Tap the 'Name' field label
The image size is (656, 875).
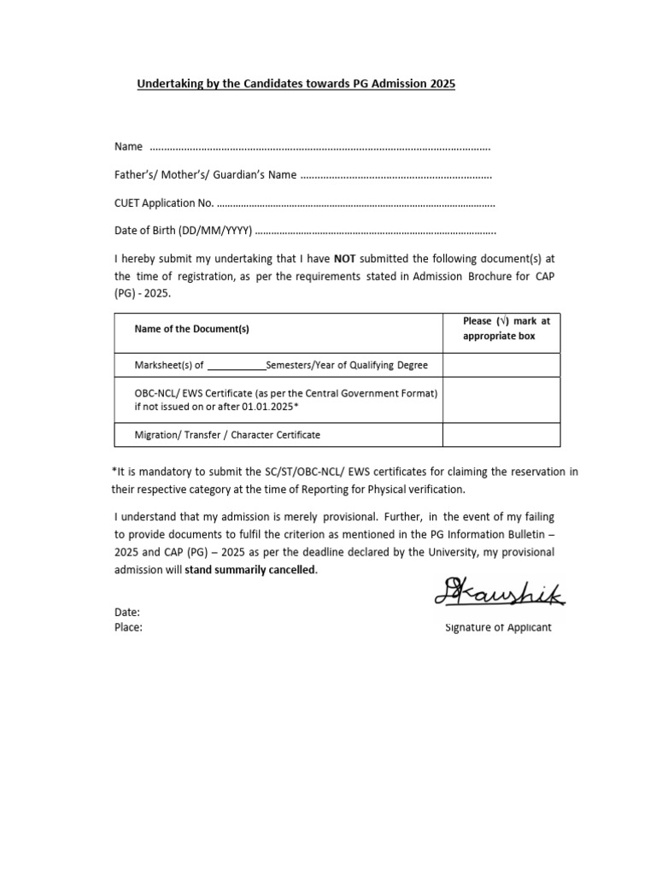(x=128, y=147)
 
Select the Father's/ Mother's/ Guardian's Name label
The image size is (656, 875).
(x=206, y=175)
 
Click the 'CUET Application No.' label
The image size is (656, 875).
(x=163, y=203)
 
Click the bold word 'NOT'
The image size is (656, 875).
(x=344, y=258)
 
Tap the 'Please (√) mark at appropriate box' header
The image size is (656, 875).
(x=501, y=329)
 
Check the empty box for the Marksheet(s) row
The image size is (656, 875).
(x=501, y=365)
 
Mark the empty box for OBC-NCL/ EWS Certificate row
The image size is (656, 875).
(x=501, y=400)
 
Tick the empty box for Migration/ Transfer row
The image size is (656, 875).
(x=501, y=435)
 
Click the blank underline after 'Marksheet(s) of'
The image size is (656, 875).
(x=237, y=366)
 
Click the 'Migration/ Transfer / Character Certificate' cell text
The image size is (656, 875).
(x=228, y=435)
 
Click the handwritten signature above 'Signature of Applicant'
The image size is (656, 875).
(x=499, y=590)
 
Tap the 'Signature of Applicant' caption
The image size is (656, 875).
(x=498, y=627)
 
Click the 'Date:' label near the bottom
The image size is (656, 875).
(x=127, y=613)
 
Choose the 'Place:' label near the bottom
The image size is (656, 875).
(x=129, y=627)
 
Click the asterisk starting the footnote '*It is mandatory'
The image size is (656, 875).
(x=114, y=472)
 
